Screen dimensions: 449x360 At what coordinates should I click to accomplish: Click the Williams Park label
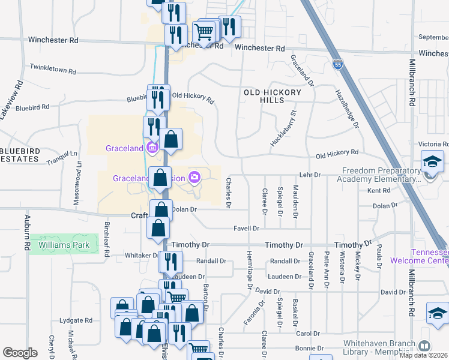tap(64, 245)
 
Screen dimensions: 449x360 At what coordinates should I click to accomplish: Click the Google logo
tap(20, 353)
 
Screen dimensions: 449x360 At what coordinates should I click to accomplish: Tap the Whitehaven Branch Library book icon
tap(424, 346)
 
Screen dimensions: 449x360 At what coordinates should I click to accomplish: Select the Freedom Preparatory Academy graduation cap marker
tap(430, 163)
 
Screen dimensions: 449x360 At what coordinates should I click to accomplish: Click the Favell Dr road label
tap(247, 229)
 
